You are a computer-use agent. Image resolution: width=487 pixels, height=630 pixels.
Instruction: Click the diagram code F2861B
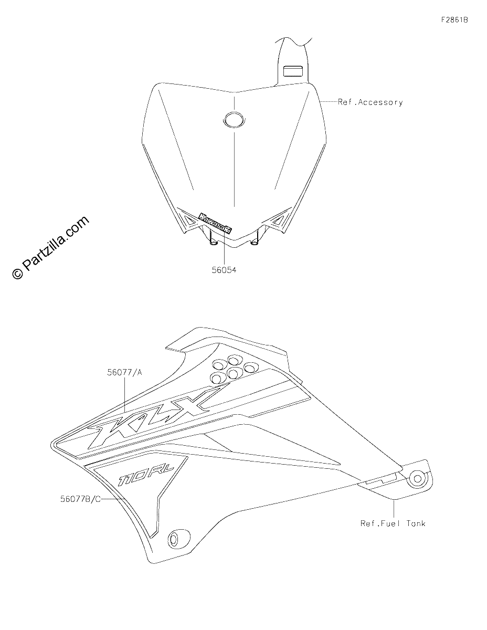point(454,20)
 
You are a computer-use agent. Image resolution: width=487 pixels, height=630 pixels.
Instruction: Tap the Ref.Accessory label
point(370,102)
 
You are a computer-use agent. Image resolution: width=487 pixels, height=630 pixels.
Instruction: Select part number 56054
point(224,270)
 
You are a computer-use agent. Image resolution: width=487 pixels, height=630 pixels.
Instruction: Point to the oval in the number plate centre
point(234,119)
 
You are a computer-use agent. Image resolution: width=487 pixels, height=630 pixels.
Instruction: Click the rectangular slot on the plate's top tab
point(293,71)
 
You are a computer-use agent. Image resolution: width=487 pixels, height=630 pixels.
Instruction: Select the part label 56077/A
point(124,372)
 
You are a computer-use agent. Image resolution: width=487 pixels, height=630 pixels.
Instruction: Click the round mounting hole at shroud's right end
point(418,478)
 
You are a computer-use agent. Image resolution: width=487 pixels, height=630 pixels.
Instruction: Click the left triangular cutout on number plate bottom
point(190,220)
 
